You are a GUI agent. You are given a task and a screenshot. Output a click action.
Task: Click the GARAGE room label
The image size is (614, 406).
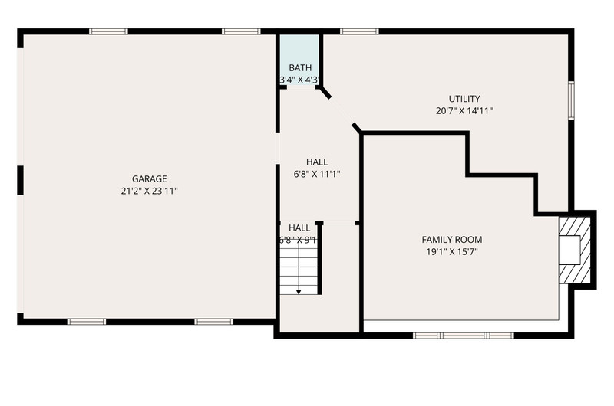pyautogui.click(x=149, y=179)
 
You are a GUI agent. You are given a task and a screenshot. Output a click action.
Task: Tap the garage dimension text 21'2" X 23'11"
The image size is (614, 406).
pyautogui.click(x=149, y=191)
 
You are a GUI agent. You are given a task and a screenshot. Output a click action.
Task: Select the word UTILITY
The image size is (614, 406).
pyautogui.click(x=464, y=99)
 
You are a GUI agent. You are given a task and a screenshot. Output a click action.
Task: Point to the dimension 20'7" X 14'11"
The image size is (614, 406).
pyautogui.click(x=464, y=110)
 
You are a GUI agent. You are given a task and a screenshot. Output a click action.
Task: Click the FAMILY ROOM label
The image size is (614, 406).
pyautogui.click(x=452, y=240)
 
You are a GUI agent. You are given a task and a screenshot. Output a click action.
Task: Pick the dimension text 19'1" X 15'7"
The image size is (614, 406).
pyautogui.click(x=452, y=252)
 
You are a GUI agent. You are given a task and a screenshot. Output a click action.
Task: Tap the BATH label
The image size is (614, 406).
pyautogui.click(x=300, y=68)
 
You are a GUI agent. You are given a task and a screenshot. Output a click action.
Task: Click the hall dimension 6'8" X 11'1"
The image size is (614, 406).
pyautogui.click(x=317, y=174)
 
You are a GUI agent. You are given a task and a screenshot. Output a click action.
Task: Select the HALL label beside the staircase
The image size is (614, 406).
pyautogui.click(x=299, y=228)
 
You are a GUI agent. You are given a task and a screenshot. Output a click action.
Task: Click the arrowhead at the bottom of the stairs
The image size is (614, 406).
pyautogui.click(x=299, y=292)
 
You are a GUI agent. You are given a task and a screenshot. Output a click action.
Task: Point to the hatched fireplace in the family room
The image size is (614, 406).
pyautogui.click(x=574, y=250)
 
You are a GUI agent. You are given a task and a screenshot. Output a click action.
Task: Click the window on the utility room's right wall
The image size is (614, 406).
pyautogui.click(x=571, y=100)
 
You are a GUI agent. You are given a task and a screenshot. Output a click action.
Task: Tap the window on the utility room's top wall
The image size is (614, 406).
pyautogui.click(x=359, y=31)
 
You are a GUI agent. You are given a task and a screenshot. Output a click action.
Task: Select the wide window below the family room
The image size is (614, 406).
pyautogui.click(x=464, y=336)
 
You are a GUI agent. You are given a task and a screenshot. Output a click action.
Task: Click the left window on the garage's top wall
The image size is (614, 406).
pyautogui.click(x=108, y=31)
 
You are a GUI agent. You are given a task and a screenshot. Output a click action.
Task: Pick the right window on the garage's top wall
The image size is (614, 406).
pyautogui.click(x=241, y=31)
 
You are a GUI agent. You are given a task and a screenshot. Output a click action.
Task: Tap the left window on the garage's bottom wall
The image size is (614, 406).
pyautogui.click(x=87, y=322)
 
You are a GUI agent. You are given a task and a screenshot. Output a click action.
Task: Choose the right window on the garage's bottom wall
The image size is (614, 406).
pyautogui.click(x=214, y=322)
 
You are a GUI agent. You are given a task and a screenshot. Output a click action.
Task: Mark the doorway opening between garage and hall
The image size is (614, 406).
pyautogui.click(x=278, y=148)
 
